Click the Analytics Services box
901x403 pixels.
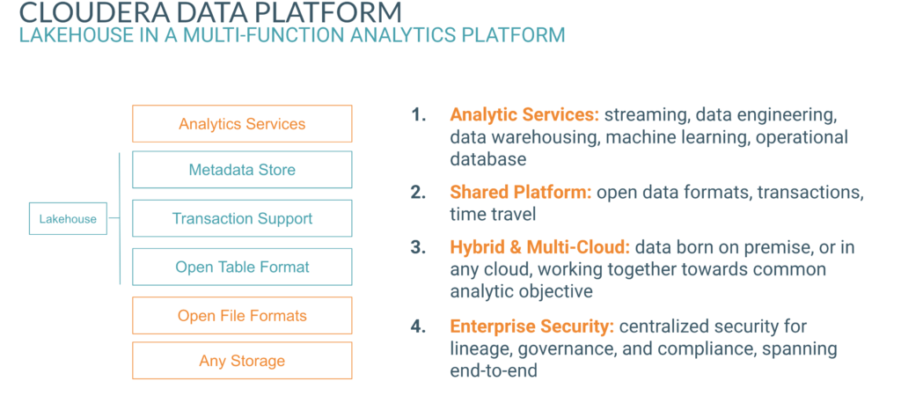click(242, 124)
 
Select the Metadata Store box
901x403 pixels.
click(242, 170)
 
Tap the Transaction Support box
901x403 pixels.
click(242, 218)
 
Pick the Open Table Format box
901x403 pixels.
click(242, 267)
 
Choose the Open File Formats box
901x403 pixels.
click(242, 315)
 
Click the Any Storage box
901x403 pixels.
click(242, 361)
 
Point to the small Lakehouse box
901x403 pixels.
click(68, 219)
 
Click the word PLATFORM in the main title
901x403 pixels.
click(338, 13)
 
